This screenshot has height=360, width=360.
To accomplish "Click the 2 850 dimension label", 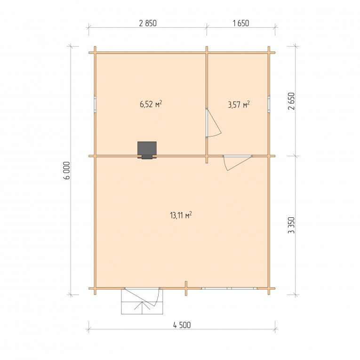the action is click(148, 23).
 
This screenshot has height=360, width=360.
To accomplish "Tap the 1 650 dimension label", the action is click(240, 23).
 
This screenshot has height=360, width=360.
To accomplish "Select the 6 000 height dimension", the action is click(67, 170).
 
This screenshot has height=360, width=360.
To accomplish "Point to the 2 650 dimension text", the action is click(291, 101).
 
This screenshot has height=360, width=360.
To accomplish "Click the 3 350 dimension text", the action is click(291, 225).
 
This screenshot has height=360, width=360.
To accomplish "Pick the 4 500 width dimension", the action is click(182, 325).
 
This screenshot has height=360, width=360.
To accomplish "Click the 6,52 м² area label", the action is click(151, 104).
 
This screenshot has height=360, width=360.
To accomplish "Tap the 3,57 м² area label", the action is click(239, 104).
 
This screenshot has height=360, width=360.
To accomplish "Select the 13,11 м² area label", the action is click(181, 216).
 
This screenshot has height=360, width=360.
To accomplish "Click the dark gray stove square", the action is click(147, 149).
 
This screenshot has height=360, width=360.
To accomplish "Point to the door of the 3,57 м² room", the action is click(214, 123).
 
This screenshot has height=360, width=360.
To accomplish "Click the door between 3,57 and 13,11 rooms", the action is click(237, 162).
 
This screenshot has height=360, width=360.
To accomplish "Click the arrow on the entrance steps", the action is click(142, 308).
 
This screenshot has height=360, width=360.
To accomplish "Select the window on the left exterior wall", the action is click(95, 104).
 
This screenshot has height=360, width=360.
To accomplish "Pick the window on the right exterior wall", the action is click(269, 104).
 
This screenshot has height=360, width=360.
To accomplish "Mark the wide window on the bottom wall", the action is click(230, 288).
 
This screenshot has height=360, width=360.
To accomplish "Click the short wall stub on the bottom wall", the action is click(186, 288).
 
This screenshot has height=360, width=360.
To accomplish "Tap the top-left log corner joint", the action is click(95, 53).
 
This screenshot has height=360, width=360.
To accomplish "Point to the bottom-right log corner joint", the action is click(269, 288).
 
